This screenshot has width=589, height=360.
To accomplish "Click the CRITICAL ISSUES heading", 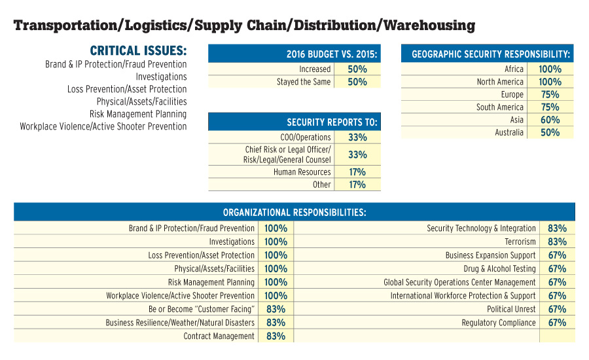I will click(138, 51).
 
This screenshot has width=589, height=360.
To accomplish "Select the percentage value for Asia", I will click(550, 120).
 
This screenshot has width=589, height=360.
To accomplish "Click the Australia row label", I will click(509, 132).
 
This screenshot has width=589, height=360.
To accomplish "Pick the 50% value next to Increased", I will click(357, 69).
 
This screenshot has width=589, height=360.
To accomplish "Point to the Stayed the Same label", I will click(304, 82).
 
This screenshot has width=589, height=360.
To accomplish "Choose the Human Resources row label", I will click(302, 171).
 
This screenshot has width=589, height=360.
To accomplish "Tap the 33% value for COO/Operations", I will click(357, 137).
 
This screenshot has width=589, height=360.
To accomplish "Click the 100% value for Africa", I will click(550, 69).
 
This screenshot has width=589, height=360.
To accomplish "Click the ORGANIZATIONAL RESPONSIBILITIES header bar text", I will click(294, 212).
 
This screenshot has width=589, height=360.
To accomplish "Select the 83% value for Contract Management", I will click(276, 336).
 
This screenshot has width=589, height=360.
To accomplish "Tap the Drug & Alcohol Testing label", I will click(499, 268).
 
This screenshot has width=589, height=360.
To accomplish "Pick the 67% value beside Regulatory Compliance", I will click(557, 322).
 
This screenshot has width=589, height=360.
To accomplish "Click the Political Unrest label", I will click(511, 309).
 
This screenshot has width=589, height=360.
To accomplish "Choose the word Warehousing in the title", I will click(429, 26).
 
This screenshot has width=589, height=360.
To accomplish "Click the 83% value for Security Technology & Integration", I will click(557, 228).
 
